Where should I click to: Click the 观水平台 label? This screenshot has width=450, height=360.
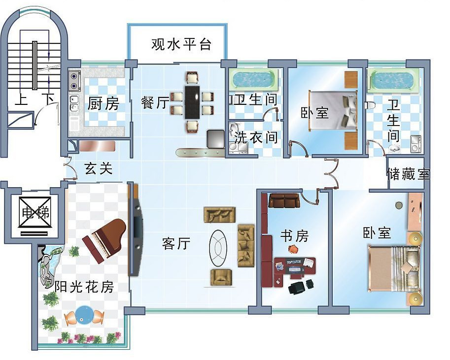[x=181, y=44]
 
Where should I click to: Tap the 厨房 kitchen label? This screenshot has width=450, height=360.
[x=104, y=104]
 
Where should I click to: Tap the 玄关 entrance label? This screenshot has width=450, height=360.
[x=99, y=169]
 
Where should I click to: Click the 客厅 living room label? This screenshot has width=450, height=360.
[x=176, y=243]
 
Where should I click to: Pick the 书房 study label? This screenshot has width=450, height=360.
[x=294, y=236]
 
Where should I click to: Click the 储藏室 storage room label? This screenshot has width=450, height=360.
[x=408, y=174]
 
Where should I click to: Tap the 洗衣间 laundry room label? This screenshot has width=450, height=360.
[x=256, y=137]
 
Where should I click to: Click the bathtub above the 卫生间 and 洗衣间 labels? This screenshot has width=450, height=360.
[x=253, y=79]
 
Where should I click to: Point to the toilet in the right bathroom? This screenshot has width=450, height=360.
[x=370, y=105]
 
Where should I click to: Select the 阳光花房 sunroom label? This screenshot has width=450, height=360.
[x=84, y=286]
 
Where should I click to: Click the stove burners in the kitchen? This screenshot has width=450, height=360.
[x=74, y=81]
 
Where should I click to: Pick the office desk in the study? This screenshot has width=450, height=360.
[x=295, y=266]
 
